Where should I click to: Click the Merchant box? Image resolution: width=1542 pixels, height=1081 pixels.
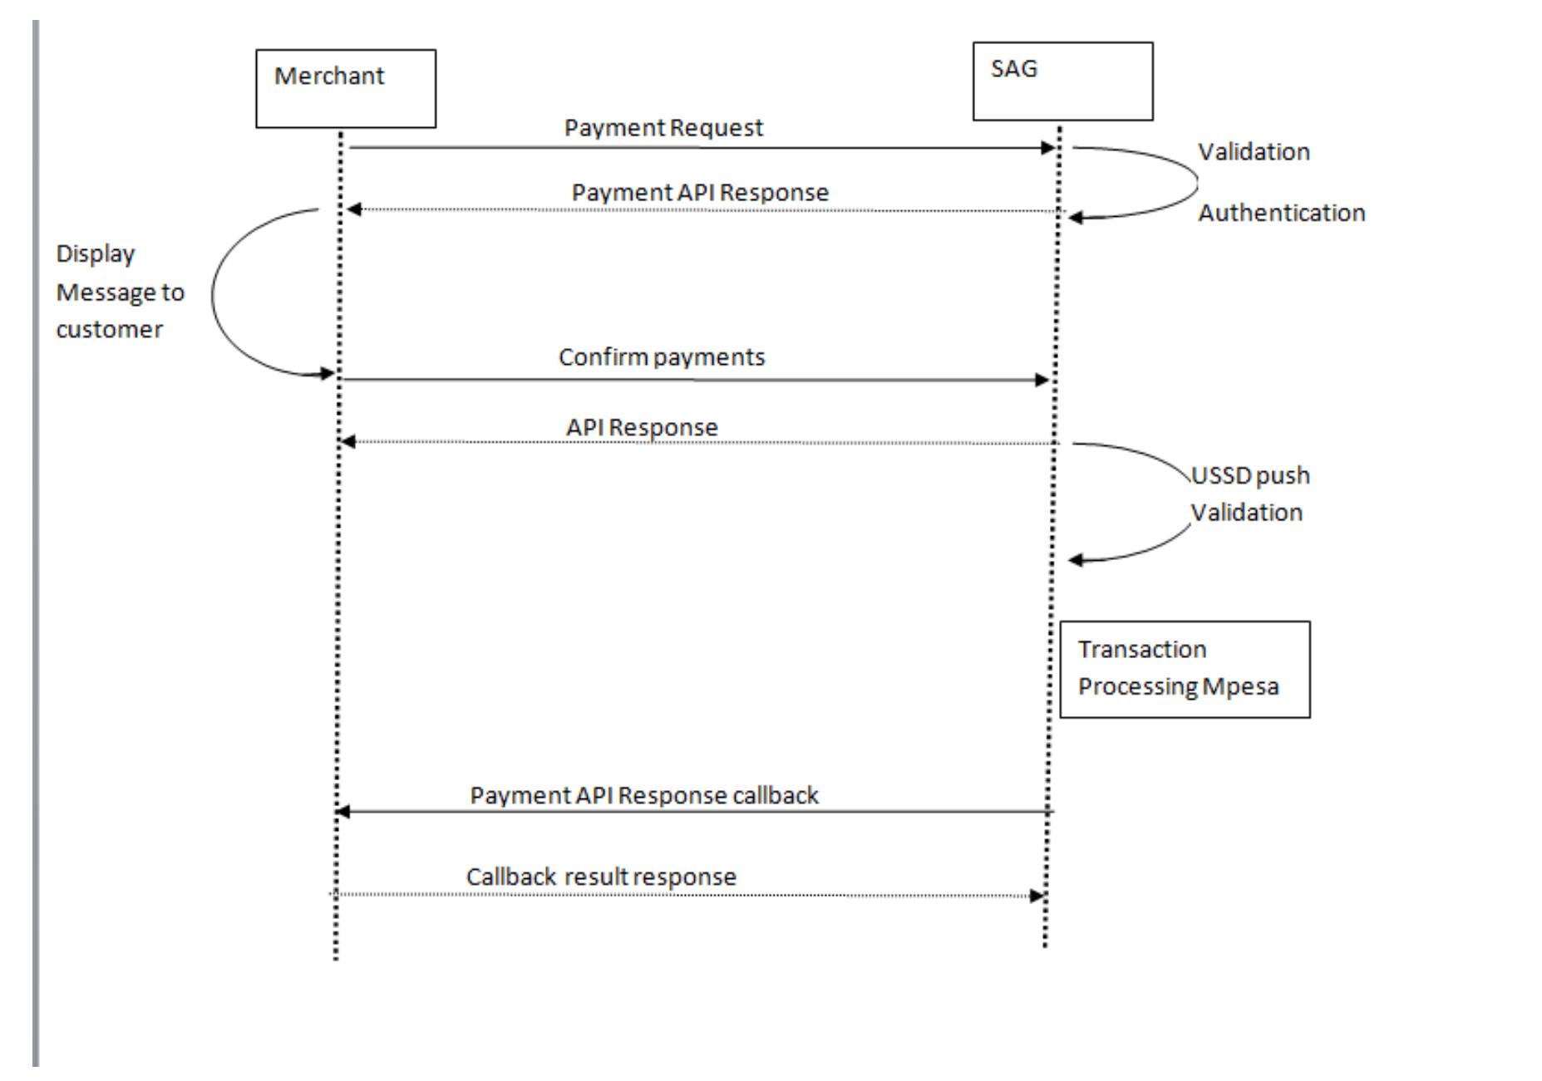[345, 88]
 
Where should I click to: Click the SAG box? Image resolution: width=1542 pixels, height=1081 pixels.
[1062, 81]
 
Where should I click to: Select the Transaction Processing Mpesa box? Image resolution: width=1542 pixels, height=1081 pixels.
[1184, 669]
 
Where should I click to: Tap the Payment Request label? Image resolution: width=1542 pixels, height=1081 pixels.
[663, 128]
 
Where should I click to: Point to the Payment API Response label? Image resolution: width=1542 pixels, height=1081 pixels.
[700, 193]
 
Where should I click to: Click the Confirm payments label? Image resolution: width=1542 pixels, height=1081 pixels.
[661, 357]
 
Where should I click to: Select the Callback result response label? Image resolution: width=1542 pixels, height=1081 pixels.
[601, 877]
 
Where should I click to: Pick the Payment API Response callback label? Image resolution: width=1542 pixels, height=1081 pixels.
[644, 796]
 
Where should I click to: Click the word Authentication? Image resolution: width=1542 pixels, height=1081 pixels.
[1281, 214]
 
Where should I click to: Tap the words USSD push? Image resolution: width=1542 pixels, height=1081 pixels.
[1250, 476]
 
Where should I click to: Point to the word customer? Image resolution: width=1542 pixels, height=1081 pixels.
[109, 330]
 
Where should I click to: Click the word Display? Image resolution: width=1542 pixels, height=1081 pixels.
[95, 254]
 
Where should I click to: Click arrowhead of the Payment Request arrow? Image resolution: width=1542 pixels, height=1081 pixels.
[1047, 148]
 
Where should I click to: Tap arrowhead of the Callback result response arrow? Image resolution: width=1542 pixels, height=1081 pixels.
[1037, 896]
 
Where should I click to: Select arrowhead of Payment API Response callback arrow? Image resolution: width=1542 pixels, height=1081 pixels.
[342, 812]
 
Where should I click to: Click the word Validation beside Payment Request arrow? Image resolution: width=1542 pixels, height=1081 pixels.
[1254, 152]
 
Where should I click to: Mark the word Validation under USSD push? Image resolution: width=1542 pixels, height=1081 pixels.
[1246, 513]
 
